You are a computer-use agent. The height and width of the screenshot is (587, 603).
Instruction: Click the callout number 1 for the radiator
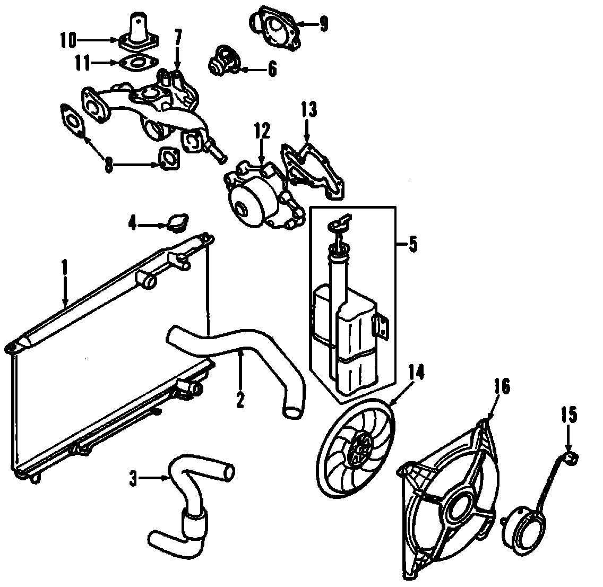tap(64, 266)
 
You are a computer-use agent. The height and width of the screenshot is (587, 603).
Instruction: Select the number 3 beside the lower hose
tap(133, 479)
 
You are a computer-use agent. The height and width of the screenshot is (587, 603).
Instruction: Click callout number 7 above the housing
tap(178, 37)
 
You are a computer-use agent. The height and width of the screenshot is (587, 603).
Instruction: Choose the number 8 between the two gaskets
tap(108, 165)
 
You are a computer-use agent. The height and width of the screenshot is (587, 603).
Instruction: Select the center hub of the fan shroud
tap(458, 507)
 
